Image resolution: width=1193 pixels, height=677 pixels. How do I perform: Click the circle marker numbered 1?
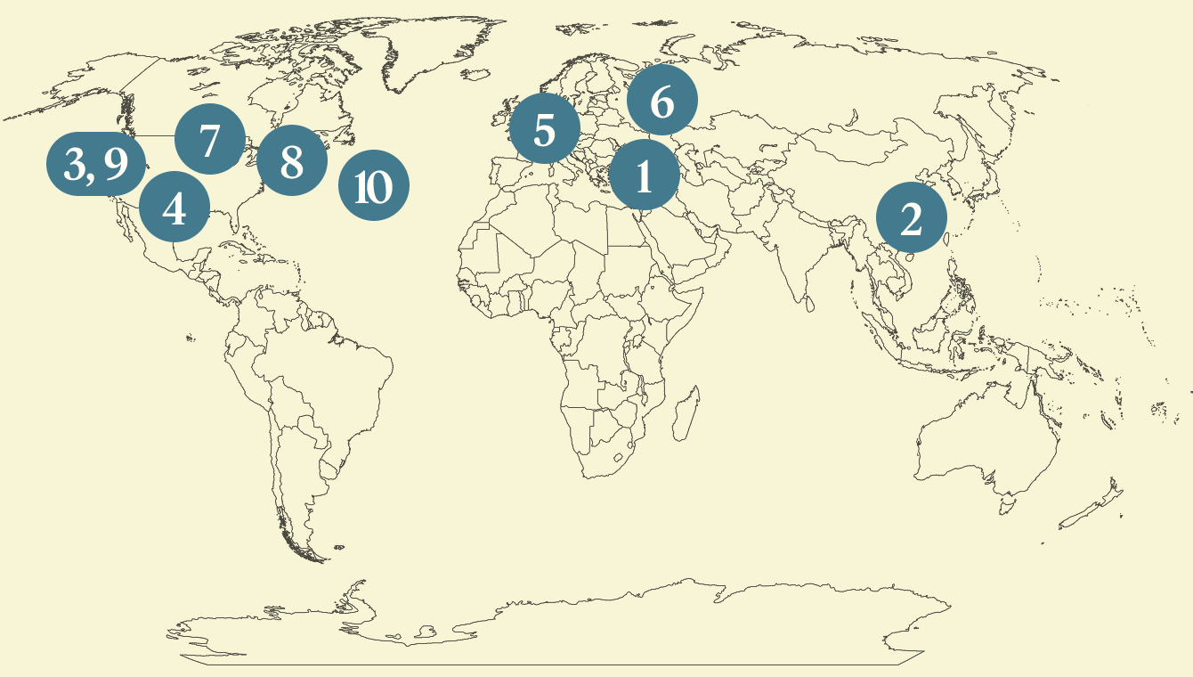click(x=644, y=177)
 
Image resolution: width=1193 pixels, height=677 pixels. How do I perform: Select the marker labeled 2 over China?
click(x=911, y=218)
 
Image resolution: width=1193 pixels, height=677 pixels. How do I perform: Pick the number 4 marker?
click(x=174, y=208)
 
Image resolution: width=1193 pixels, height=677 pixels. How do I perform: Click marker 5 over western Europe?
click(x=544, y=130)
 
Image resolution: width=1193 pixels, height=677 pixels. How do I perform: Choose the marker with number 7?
click(x=209, y=139)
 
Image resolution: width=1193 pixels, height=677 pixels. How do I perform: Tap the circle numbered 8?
click(x=292, y=161)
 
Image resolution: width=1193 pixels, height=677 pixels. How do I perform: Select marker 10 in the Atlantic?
click(x=374, y=186)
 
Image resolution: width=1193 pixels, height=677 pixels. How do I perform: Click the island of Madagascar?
click(x=686, y=416)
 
